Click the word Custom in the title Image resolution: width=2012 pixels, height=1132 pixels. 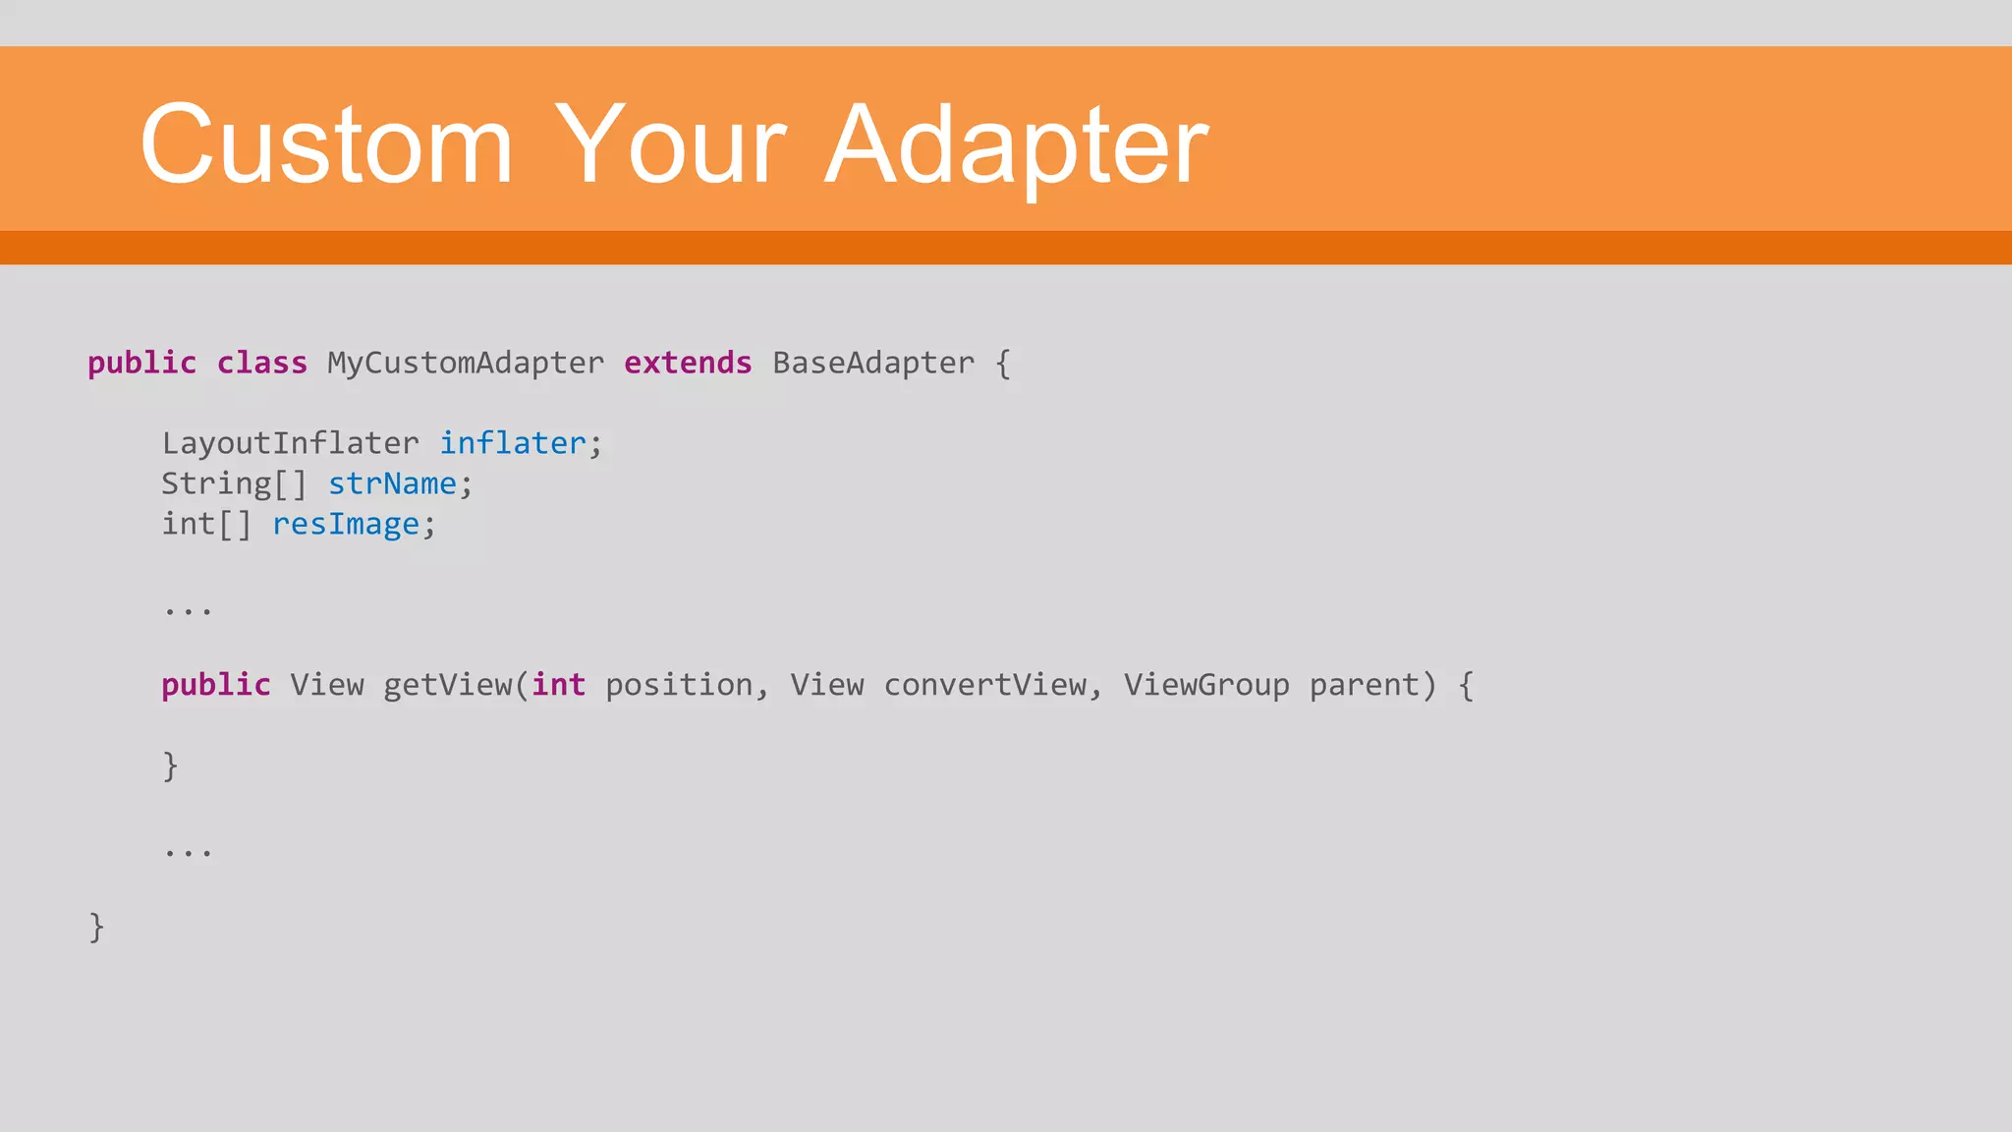(x=326, y=145)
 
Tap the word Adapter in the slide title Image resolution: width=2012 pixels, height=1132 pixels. (x=1017, y=145)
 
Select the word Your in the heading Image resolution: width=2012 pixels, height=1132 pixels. (x=670, y=145)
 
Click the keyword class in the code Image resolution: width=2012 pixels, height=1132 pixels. (x=261, y=364)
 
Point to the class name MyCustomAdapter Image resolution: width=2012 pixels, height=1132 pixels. (x=466, y=364)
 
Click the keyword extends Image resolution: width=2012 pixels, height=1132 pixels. (x=688, y=364)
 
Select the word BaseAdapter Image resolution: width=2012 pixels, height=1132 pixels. (x=873, y=364)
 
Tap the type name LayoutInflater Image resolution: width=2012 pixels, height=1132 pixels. (x=290, y=444)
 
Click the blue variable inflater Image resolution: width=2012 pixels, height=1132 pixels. (x=512, y=444)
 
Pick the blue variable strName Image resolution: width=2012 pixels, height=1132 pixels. (x=392, y=484)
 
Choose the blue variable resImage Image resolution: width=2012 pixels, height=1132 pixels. (x=346, y=525)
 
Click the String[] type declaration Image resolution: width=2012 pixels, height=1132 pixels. (x=234, y=484)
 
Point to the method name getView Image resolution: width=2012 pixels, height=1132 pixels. (x=447, y=685)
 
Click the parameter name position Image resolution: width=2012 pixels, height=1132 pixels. (x=679, y=685)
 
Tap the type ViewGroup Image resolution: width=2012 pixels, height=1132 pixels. (x=1206, y=685)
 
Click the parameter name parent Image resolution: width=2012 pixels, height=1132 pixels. (x=1365, y=685)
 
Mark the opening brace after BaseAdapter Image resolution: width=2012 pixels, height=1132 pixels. (x=1003, y=365)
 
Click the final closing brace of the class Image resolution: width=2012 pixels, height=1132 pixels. (x=96, y=928)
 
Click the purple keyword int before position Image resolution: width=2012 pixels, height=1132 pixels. (x=559, y=685)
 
